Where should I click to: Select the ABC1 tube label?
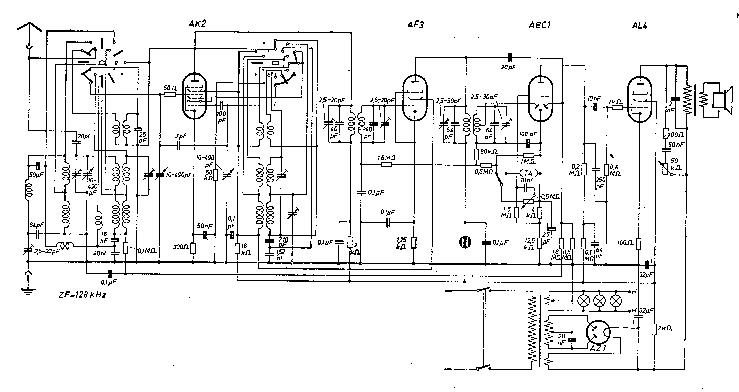540,25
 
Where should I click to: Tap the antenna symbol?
29,27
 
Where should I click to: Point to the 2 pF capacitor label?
181,136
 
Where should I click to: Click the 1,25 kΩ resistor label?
401,243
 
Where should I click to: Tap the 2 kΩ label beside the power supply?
665,329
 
